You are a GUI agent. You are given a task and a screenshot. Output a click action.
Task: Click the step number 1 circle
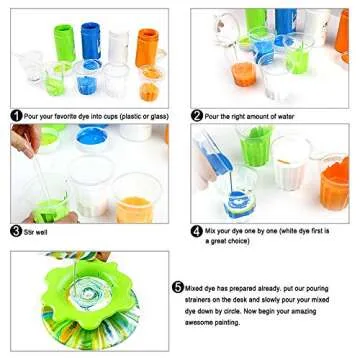point(17,116)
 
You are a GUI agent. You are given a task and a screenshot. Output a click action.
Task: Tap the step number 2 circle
point(197,116)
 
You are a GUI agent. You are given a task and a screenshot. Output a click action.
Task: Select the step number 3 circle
point(17,230)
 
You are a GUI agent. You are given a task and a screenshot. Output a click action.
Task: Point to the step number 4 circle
point(197,229)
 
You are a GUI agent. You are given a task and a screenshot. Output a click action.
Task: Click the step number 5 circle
point(178,286)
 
